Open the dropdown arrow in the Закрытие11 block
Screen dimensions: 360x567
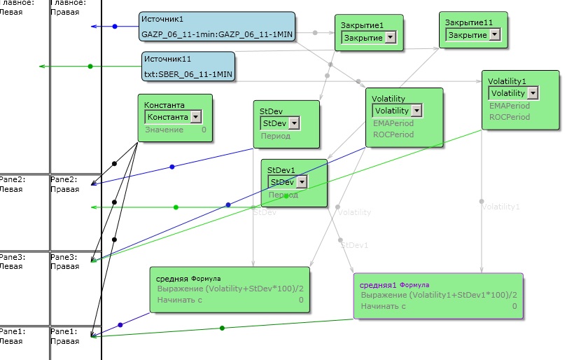coord(495,34)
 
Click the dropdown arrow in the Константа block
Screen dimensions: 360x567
coord(195,117)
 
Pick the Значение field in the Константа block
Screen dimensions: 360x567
coord(164,130)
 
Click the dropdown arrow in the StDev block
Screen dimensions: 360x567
coord(294,123)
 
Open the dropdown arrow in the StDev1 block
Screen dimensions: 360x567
coord(301,182)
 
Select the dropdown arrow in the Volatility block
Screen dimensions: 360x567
coord(416,111)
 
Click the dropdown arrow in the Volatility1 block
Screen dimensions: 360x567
coord(533,93)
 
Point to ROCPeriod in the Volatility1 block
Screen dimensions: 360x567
coord(509,117)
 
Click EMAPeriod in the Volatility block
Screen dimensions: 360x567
coord(393,123)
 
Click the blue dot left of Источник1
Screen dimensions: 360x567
coord(115,27)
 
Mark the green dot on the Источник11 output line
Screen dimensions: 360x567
coord(90,66)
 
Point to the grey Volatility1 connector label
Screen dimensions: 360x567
coord(500,207)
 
